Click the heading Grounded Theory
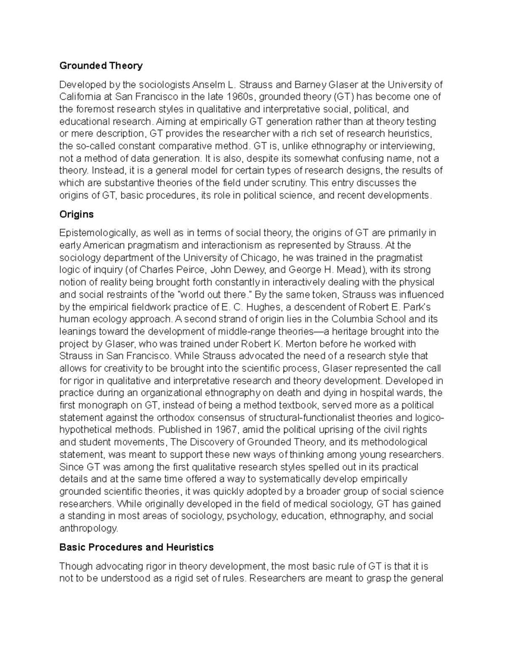click(101, 66)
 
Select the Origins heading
click(76, 214)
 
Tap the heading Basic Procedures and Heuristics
click(136, 547)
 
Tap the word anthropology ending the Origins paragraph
click(89, 529)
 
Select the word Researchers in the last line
click(277, 578)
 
